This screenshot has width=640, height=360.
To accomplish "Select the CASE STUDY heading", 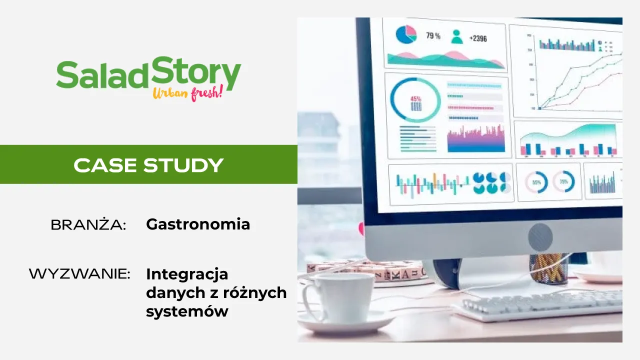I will coord(148,165).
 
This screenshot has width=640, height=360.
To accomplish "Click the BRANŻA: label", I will coord(88,225).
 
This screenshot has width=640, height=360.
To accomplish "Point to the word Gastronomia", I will coord(198,224).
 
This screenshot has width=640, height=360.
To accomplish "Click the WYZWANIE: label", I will coord(79,274).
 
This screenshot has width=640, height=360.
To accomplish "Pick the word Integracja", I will coord(187,274).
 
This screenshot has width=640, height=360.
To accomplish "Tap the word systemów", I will coord(187,311).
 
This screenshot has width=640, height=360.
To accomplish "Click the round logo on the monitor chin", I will coord(540,237).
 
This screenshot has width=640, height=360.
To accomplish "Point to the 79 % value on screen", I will coord(433,36).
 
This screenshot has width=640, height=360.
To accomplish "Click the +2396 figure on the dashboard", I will coord(477,38).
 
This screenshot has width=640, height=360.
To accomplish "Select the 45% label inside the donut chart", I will coord(415,99).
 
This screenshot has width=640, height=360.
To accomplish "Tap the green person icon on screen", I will coord(456,36).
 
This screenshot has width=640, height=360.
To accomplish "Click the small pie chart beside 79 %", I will coord(406,34).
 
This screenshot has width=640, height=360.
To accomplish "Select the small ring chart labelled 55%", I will coord(536,182).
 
